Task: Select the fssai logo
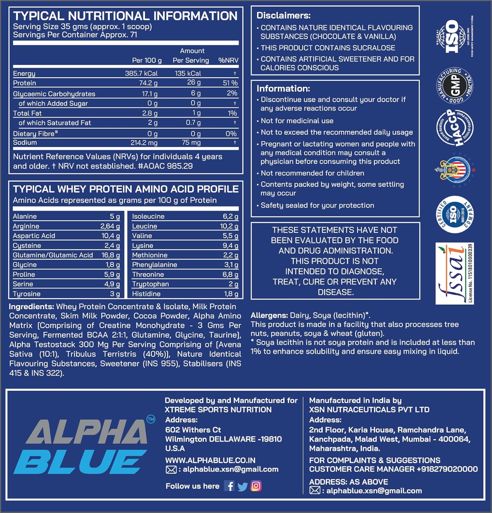(x=455, y=273)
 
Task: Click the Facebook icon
(x=229, y=486)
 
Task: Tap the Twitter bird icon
(x=242, y=486)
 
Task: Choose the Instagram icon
(x=256, y=486)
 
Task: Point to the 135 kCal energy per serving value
(x=188, y=73)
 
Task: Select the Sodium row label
(x=25, y=142)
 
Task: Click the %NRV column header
(x=228, y=60)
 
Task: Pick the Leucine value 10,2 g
(x=229, y=226)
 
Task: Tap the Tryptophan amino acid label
(x=150, y=284)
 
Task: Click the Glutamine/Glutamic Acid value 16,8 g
(x=111, y=255)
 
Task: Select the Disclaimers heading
(x=283, y=15)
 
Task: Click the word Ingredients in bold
(x=31, y=306)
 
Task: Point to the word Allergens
(x=269, y=315)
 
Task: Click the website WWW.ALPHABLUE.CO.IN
(x=210, y=460)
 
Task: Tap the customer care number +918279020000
(x=447, y=469)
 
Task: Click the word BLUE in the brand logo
(x=80, y=462)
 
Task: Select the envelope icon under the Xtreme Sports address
(x=171, y=470)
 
